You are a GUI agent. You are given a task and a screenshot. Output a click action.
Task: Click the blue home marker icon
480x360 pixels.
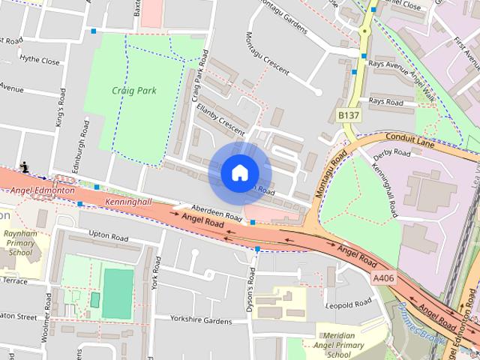pyautogui.click(x=239, y=172)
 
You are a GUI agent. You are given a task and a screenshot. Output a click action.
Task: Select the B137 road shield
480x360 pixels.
pyautogui.click(x=349, y=115)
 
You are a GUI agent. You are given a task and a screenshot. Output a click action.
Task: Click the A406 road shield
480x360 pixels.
pyautogui.click(x=383, y=278)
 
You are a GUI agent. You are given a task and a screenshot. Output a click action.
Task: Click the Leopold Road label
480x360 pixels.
pyautogui.click(x=348, y=304)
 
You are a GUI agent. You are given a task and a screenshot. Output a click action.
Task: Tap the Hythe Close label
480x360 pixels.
pyautogui.click(x=40, y=61)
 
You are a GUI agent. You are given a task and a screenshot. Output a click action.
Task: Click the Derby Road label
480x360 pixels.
pyautogui.click(x=391, y=152)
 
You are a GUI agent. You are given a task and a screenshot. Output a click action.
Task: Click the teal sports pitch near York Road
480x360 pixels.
pyautogui.click(x=118, y=293)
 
